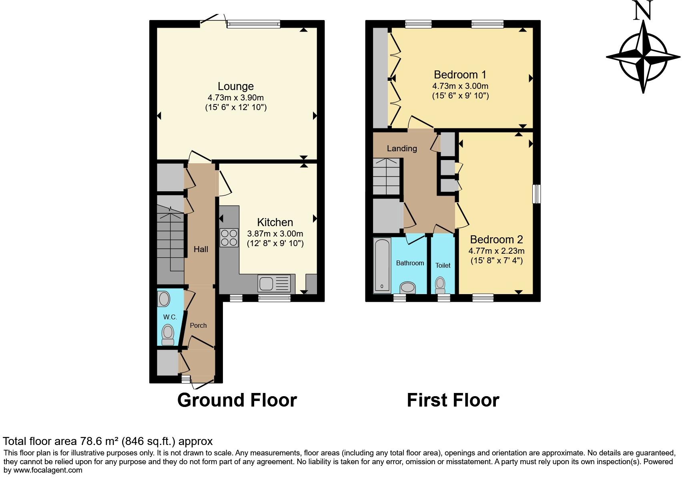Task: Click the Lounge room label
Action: [235, 86]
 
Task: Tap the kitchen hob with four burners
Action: [229, 237]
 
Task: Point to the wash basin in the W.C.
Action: [163, 299]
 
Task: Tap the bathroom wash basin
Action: [408, 287]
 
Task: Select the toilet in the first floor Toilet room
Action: [440, 285]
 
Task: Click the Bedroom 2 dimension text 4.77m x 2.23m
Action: [496, 251]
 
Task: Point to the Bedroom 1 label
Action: [460, 75]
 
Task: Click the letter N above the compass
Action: [643, 10]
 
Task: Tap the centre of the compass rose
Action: [643, 56]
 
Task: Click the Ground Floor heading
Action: [237, 400]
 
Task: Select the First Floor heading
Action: [453, 400]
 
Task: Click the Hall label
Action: [201, 249]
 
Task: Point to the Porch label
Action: [198, 325]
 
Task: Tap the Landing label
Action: [402, 148]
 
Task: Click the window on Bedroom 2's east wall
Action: [536, 194]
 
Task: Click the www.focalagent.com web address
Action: [48, 470]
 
